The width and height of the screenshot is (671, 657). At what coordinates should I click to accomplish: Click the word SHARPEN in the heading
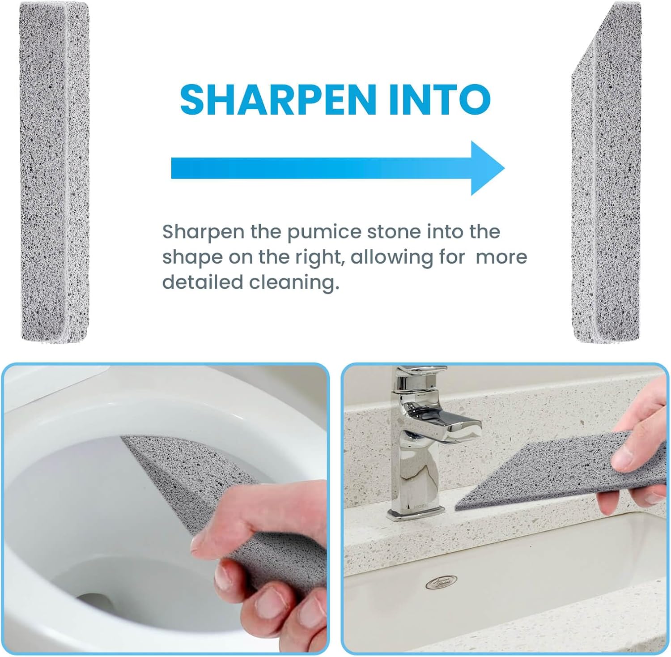tap(278, 99)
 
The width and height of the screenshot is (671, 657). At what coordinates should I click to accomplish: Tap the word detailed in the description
tap(202, 282)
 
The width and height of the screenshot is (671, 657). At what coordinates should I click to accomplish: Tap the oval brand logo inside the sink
tap(441, 582)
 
